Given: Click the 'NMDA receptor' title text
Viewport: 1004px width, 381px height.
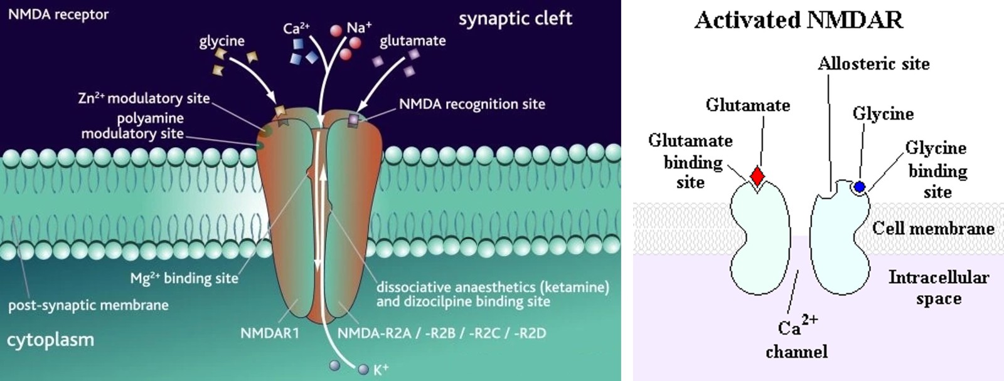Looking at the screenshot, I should pyautogui.click(x=58, y=14).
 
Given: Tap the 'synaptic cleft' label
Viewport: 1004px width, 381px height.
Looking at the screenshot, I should pyautogui.click(x=515, y=19).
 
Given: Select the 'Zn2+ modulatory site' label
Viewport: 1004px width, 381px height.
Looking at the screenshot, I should pyautogui.click(x=144, y=98).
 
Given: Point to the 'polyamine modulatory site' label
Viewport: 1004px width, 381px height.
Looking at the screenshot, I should pyautogui.click(x=132, y=125).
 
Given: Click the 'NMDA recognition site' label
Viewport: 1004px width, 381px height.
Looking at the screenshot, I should pyautogui.click(x=472, y=104).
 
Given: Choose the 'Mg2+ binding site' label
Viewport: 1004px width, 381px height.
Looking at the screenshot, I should pyautogui.click(x=184, y=278).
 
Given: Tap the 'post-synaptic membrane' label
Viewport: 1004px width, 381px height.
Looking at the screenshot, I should pyautogui.click(x=88, y=306).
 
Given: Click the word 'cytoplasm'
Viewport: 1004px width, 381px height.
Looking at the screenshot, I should pyautogui.click(x=50, y=340).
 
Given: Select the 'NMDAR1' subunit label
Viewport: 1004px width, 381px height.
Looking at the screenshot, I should pyautogui.click(x=270, y=333).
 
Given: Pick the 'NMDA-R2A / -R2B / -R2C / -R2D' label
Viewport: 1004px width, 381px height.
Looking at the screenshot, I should pyautogui.click(x=442, y=333).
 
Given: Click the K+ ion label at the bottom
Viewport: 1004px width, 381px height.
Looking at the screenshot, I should pyautogui.click(x=381, y=369).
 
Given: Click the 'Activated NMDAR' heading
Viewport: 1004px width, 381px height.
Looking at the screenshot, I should pyautogui.click(x=799, y=20).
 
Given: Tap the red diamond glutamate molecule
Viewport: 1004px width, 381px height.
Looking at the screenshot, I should pyautogui.click(x=758, y=176).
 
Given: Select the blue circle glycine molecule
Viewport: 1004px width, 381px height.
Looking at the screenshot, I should pyautogui.click(x=860, y=186).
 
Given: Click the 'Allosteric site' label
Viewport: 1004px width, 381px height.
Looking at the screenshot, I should pyautogui.click(x=873, y=63).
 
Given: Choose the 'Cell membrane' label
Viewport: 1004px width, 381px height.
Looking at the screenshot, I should pyautogui.click(x=933, y=228).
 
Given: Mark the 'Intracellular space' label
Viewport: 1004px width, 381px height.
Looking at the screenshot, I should pyautogui.click(x=938, y=288).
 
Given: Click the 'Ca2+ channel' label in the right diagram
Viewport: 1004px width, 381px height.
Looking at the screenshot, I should pyautogui.click(x=796, y=338).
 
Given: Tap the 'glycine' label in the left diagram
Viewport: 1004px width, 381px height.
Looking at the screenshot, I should pyautogui.click(x=222, y=41).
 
